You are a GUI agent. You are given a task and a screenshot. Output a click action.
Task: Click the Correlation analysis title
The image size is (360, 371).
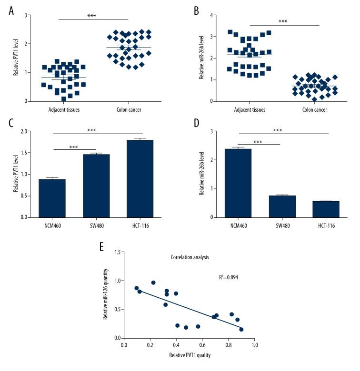(x=190, y=257)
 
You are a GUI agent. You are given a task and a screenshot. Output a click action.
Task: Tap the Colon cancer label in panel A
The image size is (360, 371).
(x=129, y=109)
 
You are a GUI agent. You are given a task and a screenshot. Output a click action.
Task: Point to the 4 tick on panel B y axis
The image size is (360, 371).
(x=211, y=15)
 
